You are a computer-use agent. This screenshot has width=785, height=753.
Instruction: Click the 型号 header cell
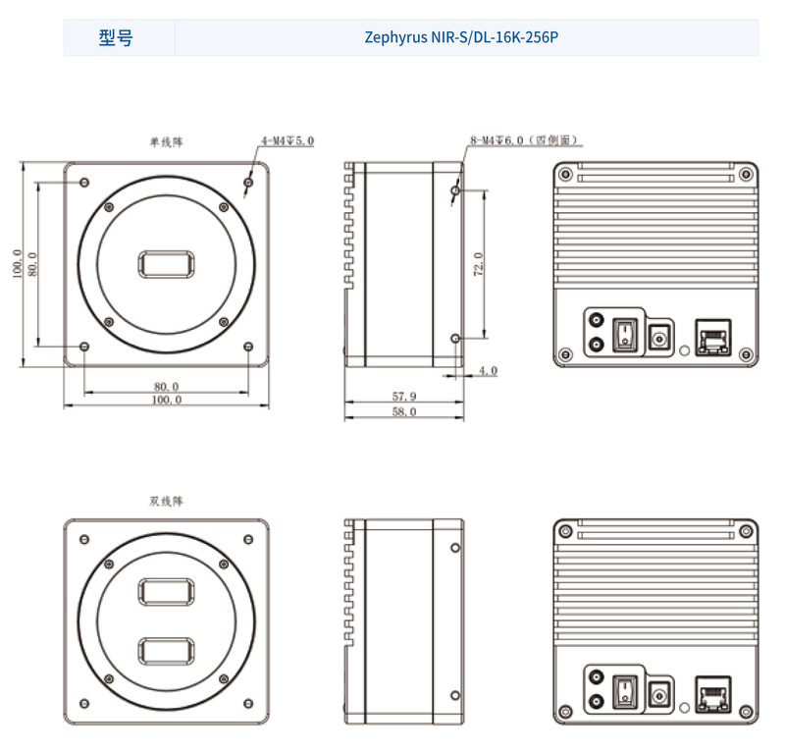tap(117, 38)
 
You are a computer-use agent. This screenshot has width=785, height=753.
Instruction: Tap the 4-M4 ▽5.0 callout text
tap(288, 141)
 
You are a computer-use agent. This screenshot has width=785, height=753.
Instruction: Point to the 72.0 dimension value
tap(479, 264)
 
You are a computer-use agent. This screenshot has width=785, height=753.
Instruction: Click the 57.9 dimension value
tap(404, 396)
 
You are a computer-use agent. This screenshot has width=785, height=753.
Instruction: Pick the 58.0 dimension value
tap(404, 412)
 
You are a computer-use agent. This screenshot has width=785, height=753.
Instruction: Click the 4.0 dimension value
tap(488, 371)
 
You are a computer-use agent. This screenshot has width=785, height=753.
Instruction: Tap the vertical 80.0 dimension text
tap(33, 264)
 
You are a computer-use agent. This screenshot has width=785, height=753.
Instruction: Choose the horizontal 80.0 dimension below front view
tap(167, 386)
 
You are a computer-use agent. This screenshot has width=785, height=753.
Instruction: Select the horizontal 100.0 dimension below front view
tap(167, 400)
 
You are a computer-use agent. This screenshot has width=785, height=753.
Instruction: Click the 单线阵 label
tap(166, 141)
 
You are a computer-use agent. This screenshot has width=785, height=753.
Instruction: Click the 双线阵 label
tap(166, 501)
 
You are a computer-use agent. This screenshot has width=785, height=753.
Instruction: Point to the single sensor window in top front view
tap(167, 264)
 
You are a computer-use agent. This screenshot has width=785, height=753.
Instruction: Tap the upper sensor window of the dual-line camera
tap(167, 592)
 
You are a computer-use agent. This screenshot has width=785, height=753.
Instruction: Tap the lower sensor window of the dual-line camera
tap(167, 651)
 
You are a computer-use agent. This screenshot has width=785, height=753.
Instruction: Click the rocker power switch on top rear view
tap(625, 334)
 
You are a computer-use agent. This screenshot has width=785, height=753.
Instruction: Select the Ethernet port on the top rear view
tap(711, 336)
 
